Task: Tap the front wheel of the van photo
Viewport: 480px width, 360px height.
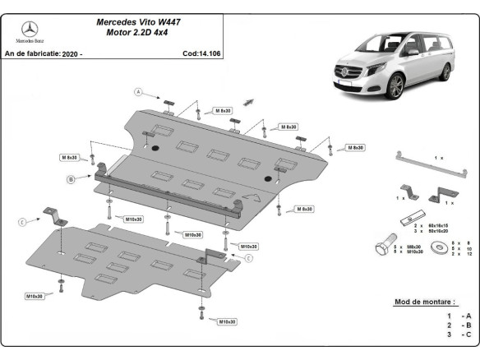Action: pos(397,85)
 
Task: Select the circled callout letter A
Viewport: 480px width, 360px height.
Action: pos(140,91)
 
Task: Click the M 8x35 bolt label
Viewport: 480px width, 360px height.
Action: pos(69,157)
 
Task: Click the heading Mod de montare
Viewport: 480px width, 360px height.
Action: pos(424,302)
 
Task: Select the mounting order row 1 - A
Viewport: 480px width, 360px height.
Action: pos(458,316)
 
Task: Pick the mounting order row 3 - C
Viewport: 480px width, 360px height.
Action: pos(458,335)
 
